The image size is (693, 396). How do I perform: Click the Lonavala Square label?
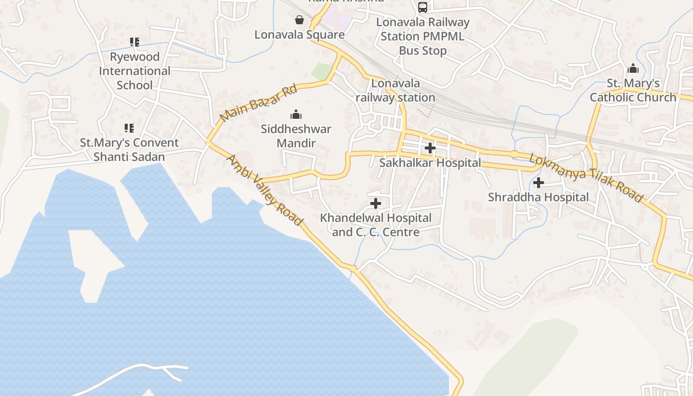point(299,35)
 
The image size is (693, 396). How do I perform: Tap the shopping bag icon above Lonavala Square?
point(299,20)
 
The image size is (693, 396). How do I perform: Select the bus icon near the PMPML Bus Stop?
point(423,7)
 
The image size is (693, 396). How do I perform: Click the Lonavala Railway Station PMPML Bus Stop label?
point(423,36)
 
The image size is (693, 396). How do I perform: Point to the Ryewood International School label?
point(135,71)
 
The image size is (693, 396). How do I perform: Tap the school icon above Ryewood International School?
point(135,42)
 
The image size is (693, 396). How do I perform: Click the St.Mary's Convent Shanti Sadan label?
point(129,149)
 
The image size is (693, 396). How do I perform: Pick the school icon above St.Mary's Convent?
point(129,129)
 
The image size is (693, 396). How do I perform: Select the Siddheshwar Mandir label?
point(296,136)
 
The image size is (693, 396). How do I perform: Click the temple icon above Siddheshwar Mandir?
point(296,115)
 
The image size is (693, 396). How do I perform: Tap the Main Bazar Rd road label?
point(258,103)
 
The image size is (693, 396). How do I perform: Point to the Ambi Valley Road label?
point(264,190)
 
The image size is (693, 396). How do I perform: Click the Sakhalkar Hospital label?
point(430,163)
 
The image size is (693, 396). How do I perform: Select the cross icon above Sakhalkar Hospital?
point(430,148)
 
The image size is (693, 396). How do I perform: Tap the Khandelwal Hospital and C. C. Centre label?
point(376,225)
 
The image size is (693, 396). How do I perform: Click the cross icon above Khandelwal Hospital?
point(376,203)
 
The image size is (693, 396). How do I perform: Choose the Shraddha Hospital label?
point(539,197)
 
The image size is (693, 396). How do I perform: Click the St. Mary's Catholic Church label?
point(633,90)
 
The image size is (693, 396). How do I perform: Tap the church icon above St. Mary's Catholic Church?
point(633,69)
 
